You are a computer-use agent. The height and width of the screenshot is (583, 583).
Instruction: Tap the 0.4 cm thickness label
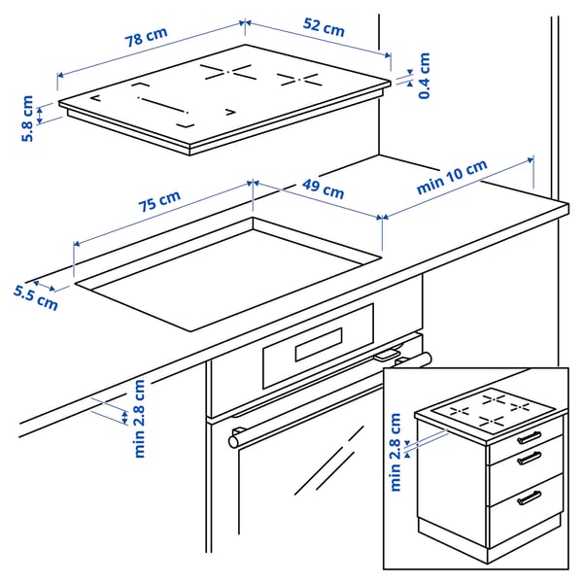tap(425, 75)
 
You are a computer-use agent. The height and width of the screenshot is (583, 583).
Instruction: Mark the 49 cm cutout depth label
tap(320, 190)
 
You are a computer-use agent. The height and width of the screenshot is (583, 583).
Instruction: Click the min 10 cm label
tap(452, 179)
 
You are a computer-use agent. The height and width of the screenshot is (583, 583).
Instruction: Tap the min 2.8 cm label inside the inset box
tap(394, 452)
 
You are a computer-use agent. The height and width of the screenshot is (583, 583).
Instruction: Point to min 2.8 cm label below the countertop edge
tap(140, 418)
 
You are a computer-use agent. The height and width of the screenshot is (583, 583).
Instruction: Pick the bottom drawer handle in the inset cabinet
tap(529, 498)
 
